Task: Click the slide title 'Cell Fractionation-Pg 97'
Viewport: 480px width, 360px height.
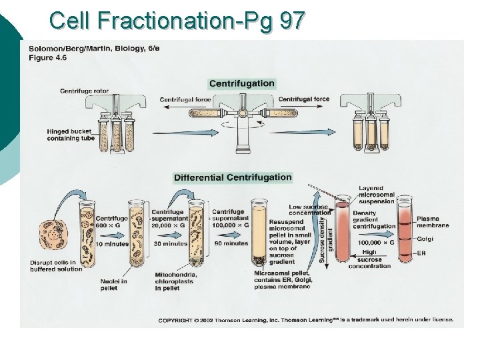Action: point(177,20)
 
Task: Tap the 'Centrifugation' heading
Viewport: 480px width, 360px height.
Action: point(241,83)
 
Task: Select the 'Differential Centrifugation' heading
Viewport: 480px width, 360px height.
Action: point(233,177)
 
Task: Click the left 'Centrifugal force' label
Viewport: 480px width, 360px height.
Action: point(185,99)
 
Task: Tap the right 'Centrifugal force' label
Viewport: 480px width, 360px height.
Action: point(304,99)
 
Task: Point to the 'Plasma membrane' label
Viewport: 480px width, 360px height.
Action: point(433,222)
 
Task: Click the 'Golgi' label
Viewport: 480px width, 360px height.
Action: point(425,239)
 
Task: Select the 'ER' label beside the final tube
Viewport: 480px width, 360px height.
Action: point(422,254)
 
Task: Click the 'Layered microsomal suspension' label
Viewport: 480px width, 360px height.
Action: point(377,195)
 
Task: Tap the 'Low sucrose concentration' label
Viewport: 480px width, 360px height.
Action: point(309,210)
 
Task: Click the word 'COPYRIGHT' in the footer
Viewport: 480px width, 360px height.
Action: point(175,321)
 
